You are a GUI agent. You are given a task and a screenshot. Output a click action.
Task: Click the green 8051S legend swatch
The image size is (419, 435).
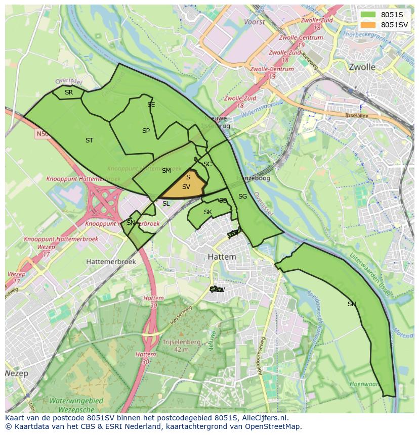[x=368, y=15]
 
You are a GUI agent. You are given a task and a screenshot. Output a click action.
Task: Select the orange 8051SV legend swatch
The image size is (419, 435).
[x=368, y=25]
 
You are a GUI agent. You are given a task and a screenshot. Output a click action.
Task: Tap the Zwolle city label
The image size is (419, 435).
[x=362, y=67]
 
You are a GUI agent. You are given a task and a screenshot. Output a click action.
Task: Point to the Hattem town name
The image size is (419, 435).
[x=222, y=257]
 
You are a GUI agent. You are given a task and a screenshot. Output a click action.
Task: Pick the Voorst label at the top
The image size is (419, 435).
[x=254, y=22]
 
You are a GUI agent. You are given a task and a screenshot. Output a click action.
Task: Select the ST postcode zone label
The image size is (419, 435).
[x=89, y=140]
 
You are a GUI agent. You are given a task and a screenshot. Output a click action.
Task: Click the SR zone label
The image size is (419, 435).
[x=69, y=92]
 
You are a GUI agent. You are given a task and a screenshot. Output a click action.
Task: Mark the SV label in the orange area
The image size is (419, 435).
[x=186, y=187]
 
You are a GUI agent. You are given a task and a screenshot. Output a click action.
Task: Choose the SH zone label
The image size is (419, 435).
[x=352, y=304]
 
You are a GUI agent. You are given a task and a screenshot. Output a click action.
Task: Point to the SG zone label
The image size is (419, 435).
[x=242, y=197]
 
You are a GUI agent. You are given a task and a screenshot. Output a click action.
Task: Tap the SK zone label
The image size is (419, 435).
[x=207, y=212]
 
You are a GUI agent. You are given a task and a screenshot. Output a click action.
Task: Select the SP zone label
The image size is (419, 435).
[x=146, y=131]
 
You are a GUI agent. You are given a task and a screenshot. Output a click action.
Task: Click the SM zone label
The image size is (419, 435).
[x=166, y=171]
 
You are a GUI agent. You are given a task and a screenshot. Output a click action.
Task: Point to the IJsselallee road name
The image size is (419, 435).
[x=354, y=115]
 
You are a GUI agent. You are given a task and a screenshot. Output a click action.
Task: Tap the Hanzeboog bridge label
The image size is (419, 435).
[x=253, y=178]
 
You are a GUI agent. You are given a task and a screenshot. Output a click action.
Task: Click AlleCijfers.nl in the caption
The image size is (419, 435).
[x=263, y=418]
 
